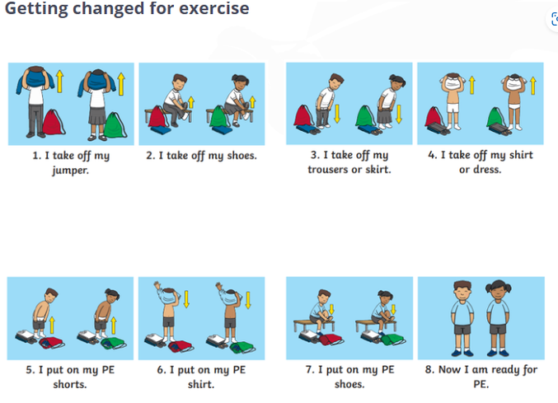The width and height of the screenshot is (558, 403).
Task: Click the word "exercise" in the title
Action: pos(213,8)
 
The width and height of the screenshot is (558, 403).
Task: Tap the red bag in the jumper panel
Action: pos(54,122)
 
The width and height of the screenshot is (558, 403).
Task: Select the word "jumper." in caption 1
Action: pos(70,171)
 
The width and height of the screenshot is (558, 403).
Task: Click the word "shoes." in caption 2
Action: pos(242,156)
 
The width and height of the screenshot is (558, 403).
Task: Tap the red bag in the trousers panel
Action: pos(303,115)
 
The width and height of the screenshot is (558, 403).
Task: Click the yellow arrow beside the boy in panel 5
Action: pos(52,326)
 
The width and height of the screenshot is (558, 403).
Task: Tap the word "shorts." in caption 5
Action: pos(70,384)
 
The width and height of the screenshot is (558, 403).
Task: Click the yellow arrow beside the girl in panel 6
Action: pos(248,300)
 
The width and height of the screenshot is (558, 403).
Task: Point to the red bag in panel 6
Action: pos(181,346)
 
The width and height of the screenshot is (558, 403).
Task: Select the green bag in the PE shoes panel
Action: pos(393,340)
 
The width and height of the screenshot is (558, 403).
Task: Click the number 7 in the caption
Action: pos(308,370)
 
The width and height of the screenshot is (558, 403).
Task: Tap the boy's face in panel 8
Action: pos(462,293)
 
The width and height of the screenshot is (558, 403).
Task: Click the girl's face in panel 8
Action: pos(498,293)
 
